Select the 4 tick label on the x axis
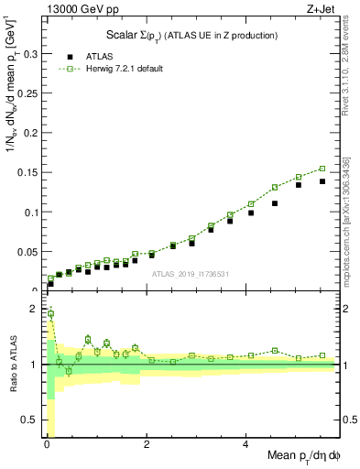[245, 444]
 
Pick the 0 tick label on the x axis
[46, 444]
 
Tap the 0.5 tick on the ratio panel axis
[32, 420]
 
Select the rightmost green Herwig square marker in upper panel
[322, 169]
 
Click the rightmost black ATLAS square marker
[322, 181]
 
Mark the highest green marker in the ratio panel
[50, 313]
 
